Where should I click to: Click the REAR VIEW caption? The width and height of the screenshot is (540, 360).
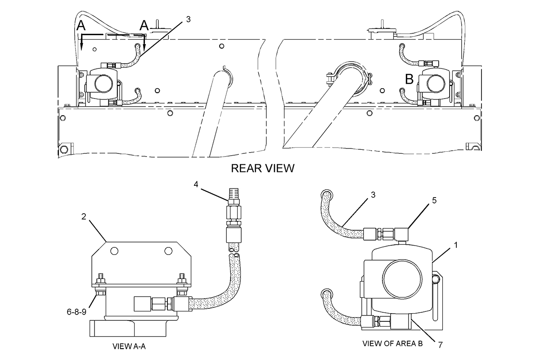pyautogui.click(x=263, y=168)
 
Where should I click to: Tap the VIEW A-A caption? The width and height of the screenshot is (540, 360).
pyautogui.click(x=129, y=346)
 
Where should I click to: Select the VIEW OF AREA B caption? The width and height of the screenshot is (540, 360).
pyautogui.click(x=392, y=344)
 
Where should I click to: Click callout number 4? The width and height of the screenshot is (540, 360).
pyautogui.click(x=196, y=184)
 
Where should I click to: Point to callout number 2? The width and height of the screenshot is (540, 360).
pyautogui.click(x=84, y=217)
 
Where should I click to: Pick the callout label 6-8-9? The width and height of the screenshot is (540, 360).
pyautogui.click(x=76, y=312)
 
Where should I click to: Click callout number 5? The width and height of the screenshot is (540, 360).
pyautogui.click(x=434, y=200)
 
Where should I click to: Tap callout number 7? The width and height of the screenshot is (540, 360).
pyautogui.click(x=440, y=345)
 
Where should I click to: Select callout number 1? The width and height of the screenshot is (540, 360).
pyautogui.click(x=455, y=245)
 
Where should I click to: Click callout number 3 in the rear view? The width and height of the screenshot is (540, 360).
pyautogui.click(x=188, y=19)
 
